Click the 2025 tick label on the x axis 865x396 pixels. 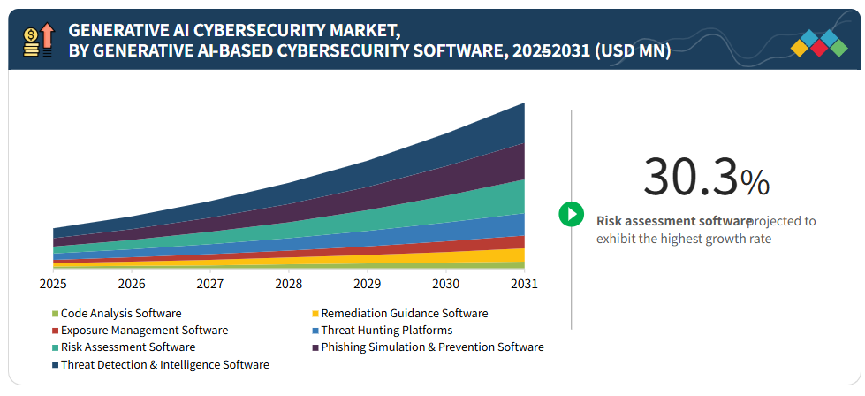53,284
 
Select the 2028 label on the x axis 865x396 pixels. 288,284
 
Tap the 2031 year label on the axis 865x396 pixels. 523,284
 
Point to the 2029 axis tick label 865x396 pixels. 367,284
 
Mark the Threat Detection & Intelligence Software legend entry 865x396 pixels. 164,364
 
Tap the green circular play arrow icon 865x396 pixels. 572,214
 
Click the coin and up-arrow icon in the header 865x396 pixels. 39,41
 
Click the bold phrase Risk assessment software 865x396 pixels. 674,221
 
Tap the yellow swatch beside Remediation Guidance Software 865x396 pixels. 315,314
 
